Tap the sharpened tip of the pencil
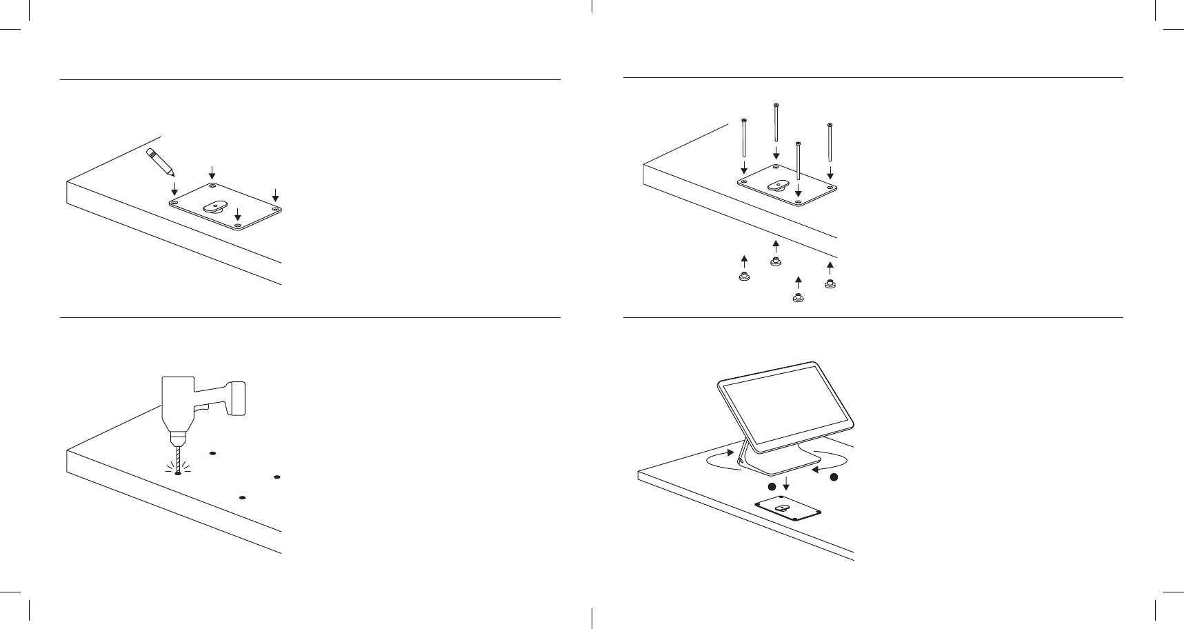(x=172, y=174)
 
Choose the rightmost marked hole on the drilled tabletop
(x=277, y=477)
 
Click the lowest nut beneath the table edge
(x=798, y=299)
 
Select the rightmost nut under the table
(x=830, y=283)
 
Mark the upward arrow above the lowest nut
(x=799, y=282)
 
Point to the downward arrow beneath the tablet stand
(x=785, y=487)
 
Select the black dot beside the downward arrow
(x=772, y=487)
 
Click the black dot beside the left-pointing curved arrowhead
(x=834, y=477)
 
